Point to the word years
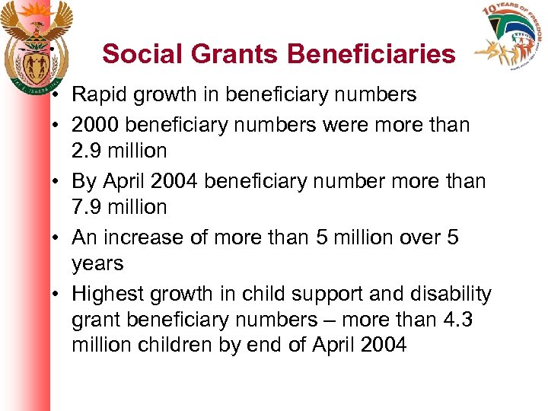[97, 264]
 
